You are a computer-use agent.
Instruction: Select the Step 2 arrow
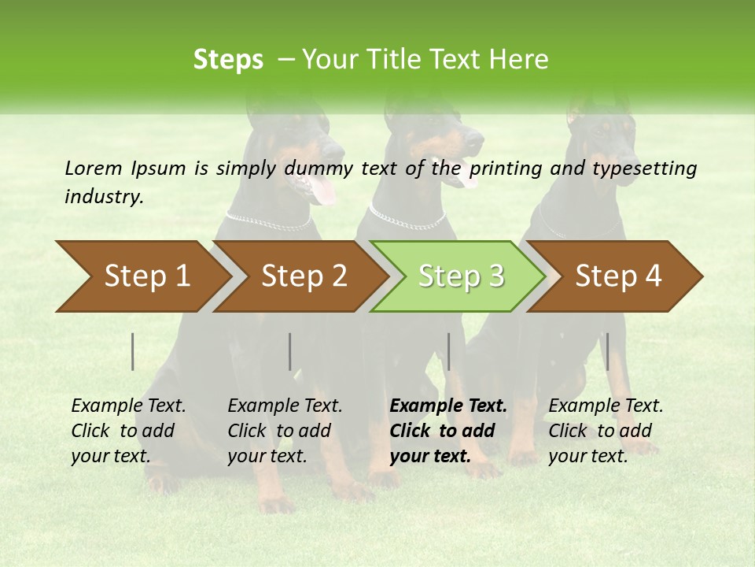pyautogui.click(x=303, y=276)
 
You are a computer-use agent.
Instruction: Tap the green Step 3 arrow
pyautogui.click(x=460, y=276)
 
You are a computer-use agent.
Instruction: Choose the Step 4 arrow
pyautogui.click(x=617, y=276)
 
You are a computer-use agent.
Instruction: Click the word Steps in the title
pyautogui.click(x=228, y=60)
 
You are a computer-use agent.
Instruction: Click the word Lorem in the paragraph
pyautogui.click(x=92, y=168)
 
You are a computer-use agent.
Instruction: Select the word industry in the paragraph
pyautogui.click(x=103, y=197)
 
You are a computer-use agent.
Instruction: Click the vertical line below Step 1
pyautogui.click(x=133, y=351)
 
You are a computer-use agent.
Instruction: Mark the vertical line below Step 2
pyautogui.click(x=290, y=351)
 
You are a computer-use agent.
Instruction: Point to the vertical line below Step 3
pyautogui.click(x=448, y=351)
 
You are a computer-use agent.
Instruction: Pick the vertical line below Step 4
pyautogui.click(x=607, y=351)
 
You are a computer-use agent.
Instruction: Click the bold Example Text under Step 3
pyautogui.click(x=448, y=406)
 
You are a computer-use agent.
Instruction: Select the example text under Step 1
pyautogui.click(x=128, y=431)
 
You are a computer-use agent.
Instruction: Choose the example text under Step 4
pyautogui.click(x=606, y=431)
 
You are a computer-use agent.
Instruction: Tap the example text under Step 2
pyautogui.click(x=285, y=431)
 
